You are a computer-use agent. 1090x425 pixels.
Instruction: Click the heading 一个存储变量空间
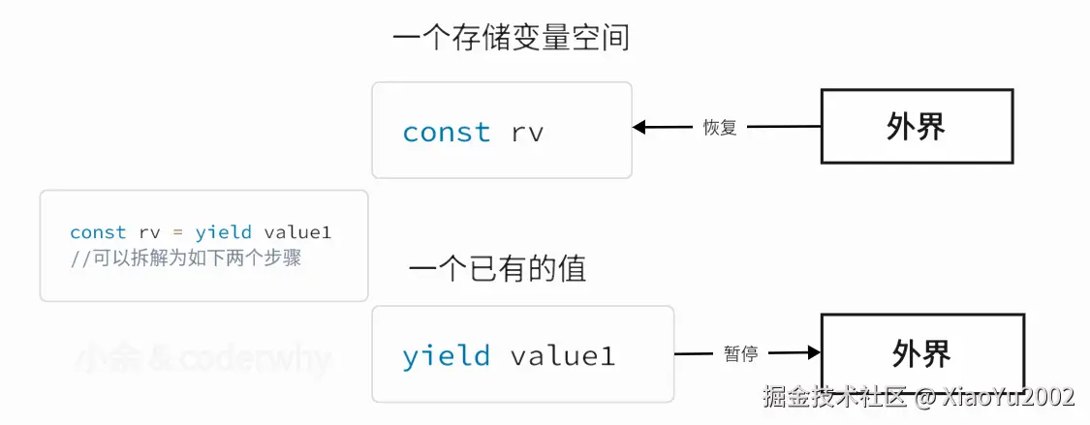(x=511, y=38)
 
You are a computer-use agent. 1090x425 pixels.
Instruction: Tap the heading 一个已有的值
(x=497, y=268)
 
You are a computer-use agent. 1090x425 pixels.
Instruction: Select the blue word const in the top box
(x=446, y=133)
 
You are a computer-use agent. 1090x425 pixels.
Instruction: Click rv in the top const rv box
(x=527, y=133)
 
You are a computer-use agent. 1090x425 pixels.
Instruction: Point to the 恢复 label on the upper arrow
(x=719, y=127)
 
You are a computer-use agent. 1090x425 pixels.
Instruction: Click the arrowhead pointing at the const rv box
(x=640, y=127)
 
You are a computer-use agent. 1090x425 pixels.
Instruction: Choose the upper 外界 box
(x=917, y=126)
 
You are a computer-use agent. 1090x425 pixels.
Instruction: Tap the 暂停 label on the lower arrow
(x=740, y=354)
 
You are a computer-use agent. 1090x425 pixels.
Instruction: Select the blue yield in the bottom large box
(x=446, y=356)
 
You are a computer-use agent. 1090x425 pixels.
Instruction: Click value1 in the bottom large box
(x=563, y=356)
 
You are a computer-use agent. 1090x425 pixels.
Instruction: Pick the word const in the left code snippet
(x=98, y=232)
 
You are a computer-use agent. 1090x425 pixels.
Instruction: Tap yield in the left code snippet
(x=223, y=232)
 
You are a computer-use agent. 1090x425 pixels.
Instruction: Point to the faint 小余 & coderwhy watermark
(x=202, y=360)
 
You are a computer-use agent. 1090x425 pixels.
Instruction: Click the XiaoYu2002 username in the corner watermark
(x=1008, y=397)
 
